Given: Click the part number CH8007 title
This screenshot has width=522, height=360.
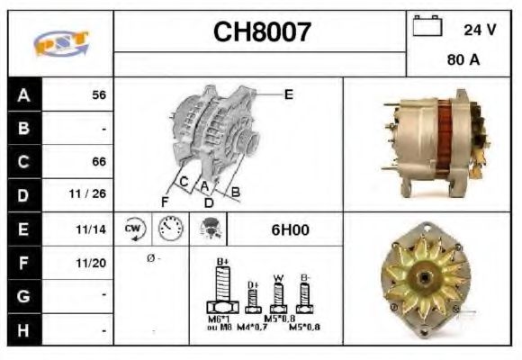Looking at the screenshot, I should coord(262,33).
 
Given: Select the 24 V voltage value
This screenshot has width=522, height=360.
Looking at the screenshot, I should coord(479,29).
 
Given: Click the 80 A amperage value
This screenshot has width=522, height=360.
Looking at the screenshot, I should coord(462,62).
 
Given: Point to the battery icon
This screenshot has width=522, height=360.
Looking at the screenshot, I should coord(425,27).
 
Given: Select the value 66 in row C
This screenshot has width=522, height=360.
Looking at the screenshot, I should coord(99,162).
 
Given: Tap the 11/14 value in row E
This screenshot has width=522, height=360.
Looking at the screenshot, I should coord(94,229).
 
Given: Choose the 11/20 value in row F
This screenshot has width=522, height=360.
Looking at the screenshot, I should coord(94,263).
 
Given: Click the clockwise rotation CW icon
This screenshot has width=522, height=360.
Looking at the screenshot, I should coord(133,229).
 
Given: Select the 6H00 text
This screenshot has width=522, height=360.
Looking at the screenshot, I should coord(290,229).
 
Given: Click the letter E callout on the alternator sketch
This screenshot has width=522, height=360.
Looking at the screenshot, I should coord(288,93).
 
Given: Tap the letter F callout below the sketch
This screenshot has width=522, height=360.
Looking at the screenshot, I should coord(164,201).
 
